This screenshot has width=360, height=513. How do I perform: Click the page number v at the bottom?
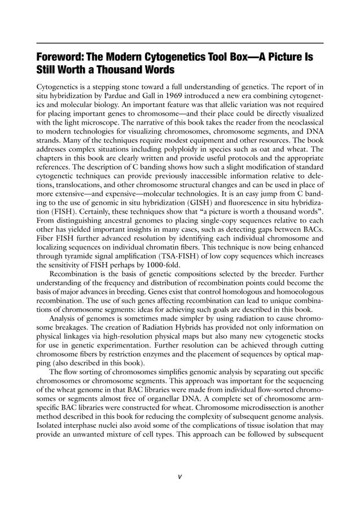179,476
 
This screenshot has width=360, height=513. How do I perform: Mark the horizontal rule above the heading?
179,43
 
